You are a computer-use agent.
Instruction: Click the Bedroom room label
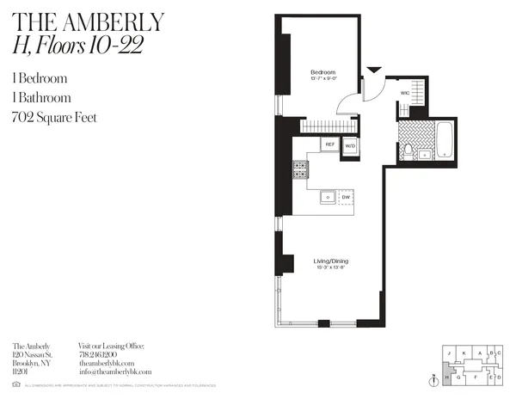click(323, 71)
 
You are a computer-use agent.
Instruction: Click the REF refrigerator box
click(329, 144)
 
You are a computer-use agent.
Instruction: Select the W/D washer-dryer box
click(351, 147)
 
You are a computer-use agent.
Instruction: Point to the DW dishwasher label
click(346, 197)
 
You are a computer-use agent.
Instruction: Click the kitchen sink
click(327, 197)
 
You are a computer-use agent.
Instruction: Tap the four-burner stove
click(301, 169)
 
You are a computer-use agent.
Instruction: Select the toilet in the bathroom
click(408, 151)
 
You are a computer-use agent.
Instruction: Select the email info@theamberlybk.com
click(115, 371)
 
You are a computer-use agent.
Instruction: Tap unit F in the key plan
click(475, 377)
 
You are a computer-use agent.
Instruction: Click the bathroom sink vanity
click(424, 155)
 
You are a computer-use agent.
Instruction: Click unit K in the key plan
click(464, 353)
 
